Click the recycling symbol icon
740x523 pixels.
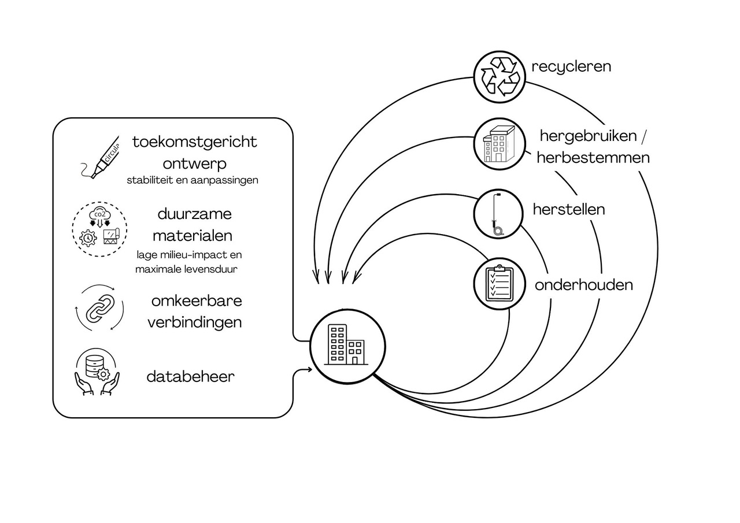500,77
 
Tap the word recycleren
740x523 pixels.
571,66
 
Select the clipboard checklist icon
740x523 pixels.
499,283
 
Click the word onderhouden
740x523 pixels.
584,284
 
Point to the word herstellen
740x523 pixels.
568,209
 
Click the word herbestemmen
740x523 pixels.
593,158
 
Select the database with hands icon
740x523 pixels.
97,372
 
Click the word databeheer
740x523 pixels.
191,376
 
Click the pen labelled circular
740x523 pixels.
100,158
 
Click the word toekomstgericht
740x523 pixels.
195,142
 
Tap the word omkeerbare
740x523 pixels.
197,301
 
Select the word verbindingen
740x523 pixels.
195,322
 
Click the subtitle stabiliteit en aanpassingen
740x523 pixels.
193,180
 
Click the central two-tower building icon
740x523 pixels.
346,344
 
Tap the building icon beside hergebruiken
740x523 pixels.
499,144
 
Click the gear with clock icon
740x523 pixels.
88,238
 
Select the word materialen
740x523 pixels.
193,235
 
